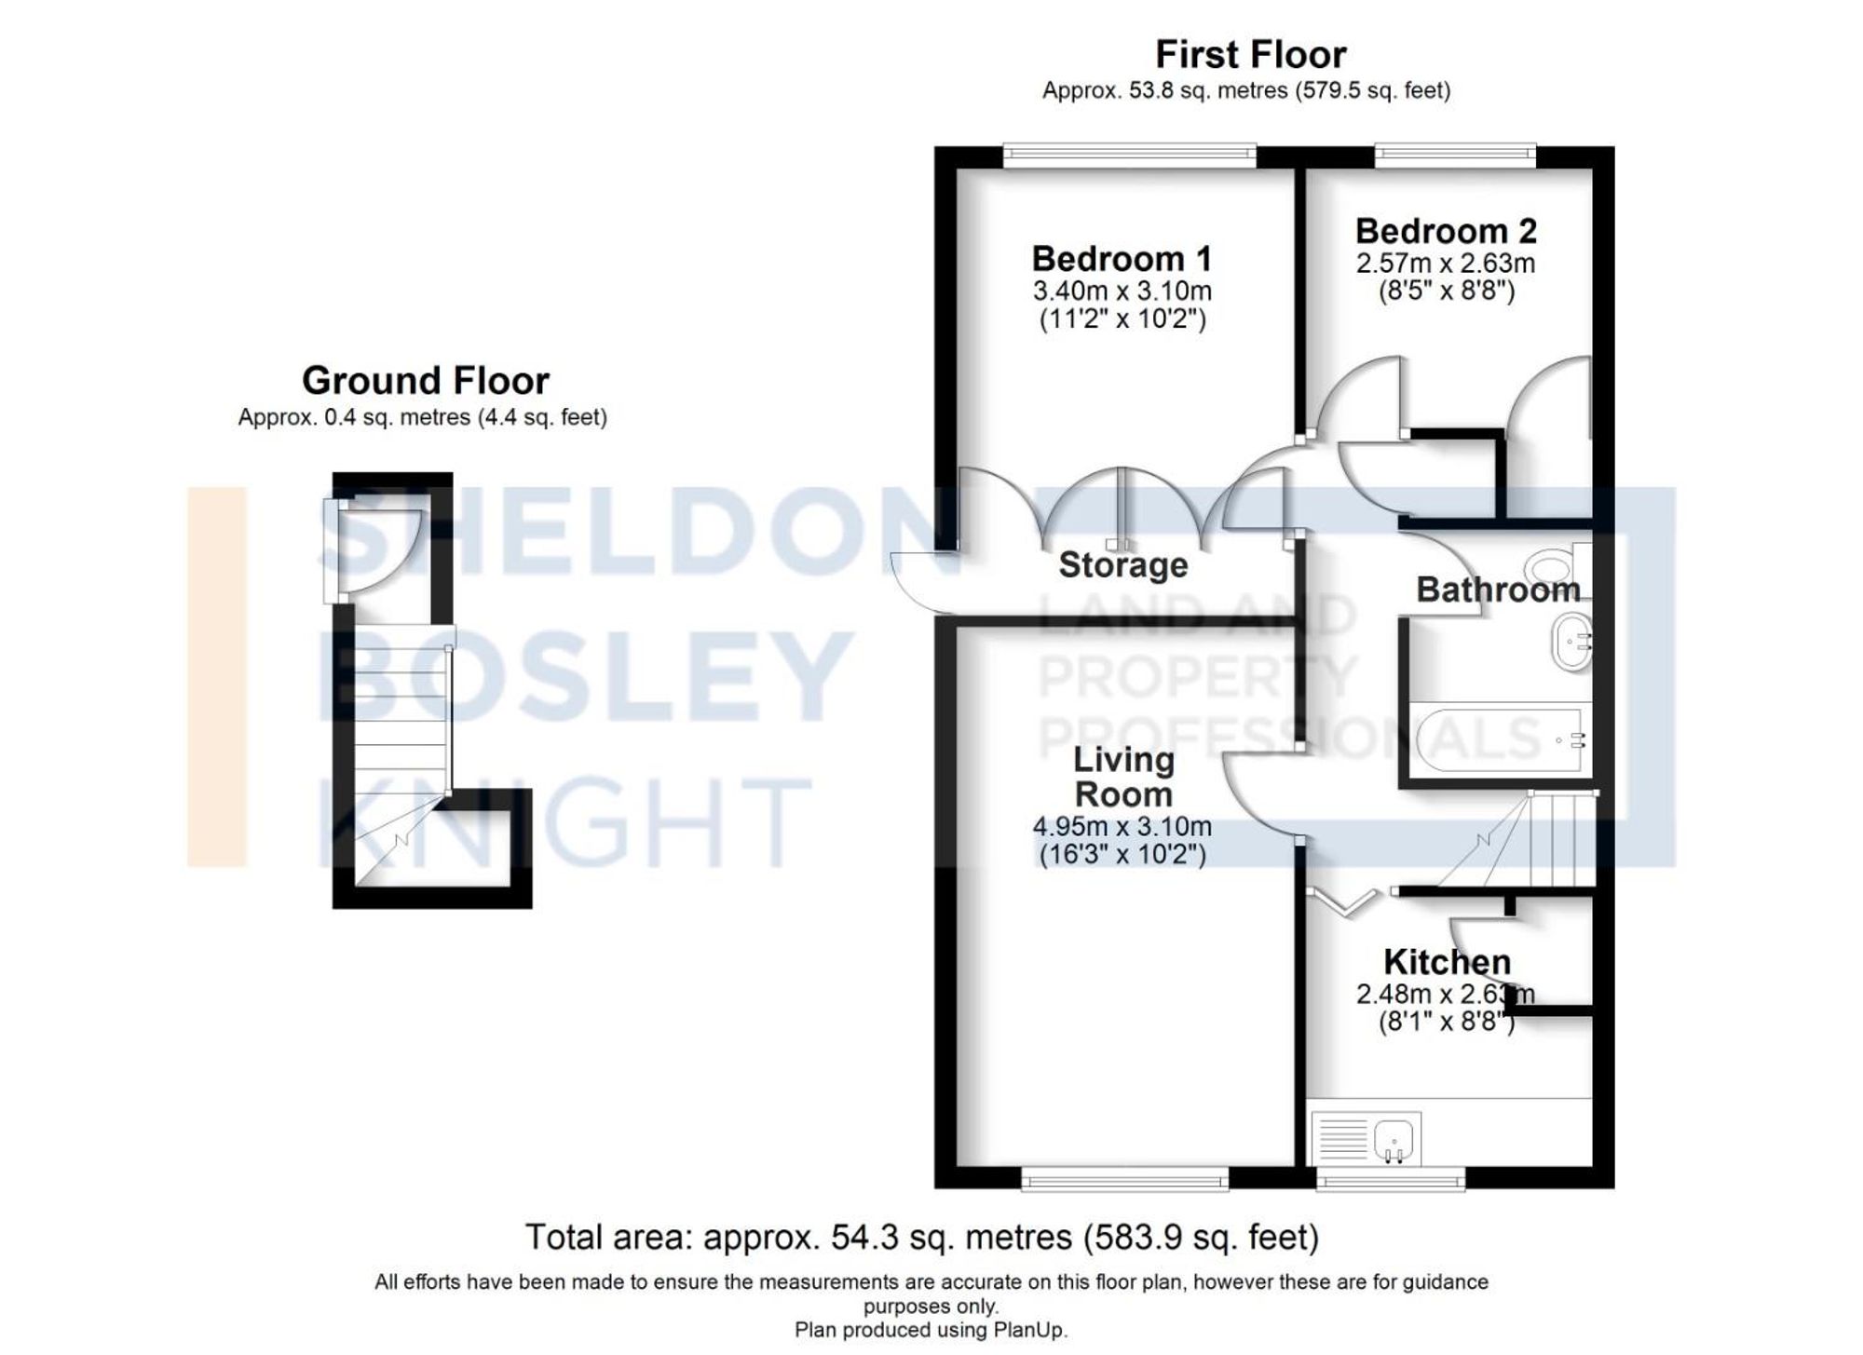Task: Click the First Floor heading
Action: [x=1250, y=55]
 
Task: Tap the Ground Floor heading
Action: [x=425, y=381]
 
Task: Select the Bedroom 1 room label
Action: [x=1122, y=258]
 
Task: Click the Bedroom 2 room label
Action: [x=1446, y=230]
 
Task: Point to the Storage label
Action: [x=1122, y=565]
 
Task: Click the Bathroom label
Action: [x=1498, y=589]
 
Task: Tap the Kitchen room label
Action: [x=1446, y=961]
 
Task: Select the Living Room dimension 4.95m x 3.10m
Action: [x=1122, y=826]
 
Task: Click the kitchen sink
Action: [x=1393, y=1139]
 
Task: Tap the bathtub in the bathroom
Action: [x=1500, y=740]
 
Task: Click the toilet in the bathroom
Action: [x=1551, y=565]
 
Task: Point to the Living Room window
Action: [x=1124, y=1180]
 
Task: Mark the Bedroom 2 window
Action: [x=1455, y=156]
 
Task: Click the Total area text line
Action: [x=922, y=1238]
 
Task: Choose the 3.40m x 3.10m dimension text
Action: [x=1122, y=291]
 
